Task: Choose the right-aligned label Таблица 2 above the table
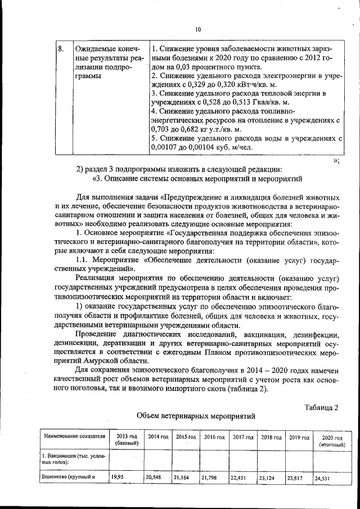tap(321, 407)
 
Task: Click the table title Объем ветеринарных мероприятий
tap(196, 417)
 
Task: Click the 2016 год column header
tap(214, 436)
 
